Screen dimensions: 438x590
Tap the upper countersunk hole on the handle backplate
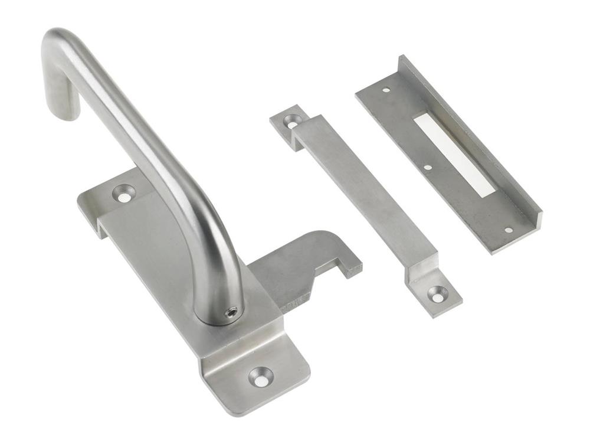tap(124, 194)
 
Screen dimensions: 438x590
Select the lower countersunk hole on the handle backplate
tap(261, 375)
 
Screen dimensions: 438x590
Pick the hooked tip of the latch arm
tap(353, 269)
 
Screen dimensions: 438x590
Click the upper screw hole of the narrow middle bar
tap(292, 120)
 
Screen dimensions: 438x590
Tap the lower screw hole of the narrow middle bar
tap(437, 293)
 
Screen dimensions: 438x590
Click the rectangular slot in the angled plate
tap(454, 155)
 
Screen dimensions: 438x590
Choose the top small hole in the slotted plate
tap(386, 90)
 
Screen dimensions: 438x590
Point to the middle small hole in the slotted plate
tap(427, 167)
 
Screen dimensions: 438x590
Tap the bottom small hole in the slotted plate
tap(509, 230)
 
